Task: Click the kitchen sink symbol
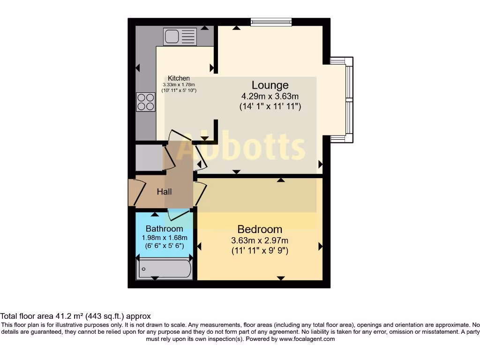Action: tap(180, 36)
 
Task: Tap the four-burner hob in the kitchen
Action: tap(145, 102)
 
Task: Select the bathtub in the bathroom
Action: tap(164, 270)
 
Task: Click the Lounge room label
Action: tap(270, 85)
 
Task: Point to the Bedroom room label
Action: tap(260, 229)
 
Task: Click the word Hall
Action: tap(164, 191)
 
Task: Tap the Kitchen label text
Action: tap(179, 78)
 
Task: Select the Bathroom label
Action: tap(164, 229)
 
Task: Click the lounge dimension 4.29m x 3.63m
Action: tap(270, 96)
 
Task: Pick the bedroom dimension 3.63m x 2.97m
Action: tap(260, 240)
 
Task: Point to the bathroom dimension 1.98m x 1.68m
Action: tap(164, 238)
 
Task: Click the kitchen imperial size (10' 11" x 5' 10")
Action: tap(179, 90)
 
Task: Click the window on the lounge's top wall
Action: tap(271, 22)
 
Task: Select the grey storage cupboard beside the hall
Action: tap(149, 158)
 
